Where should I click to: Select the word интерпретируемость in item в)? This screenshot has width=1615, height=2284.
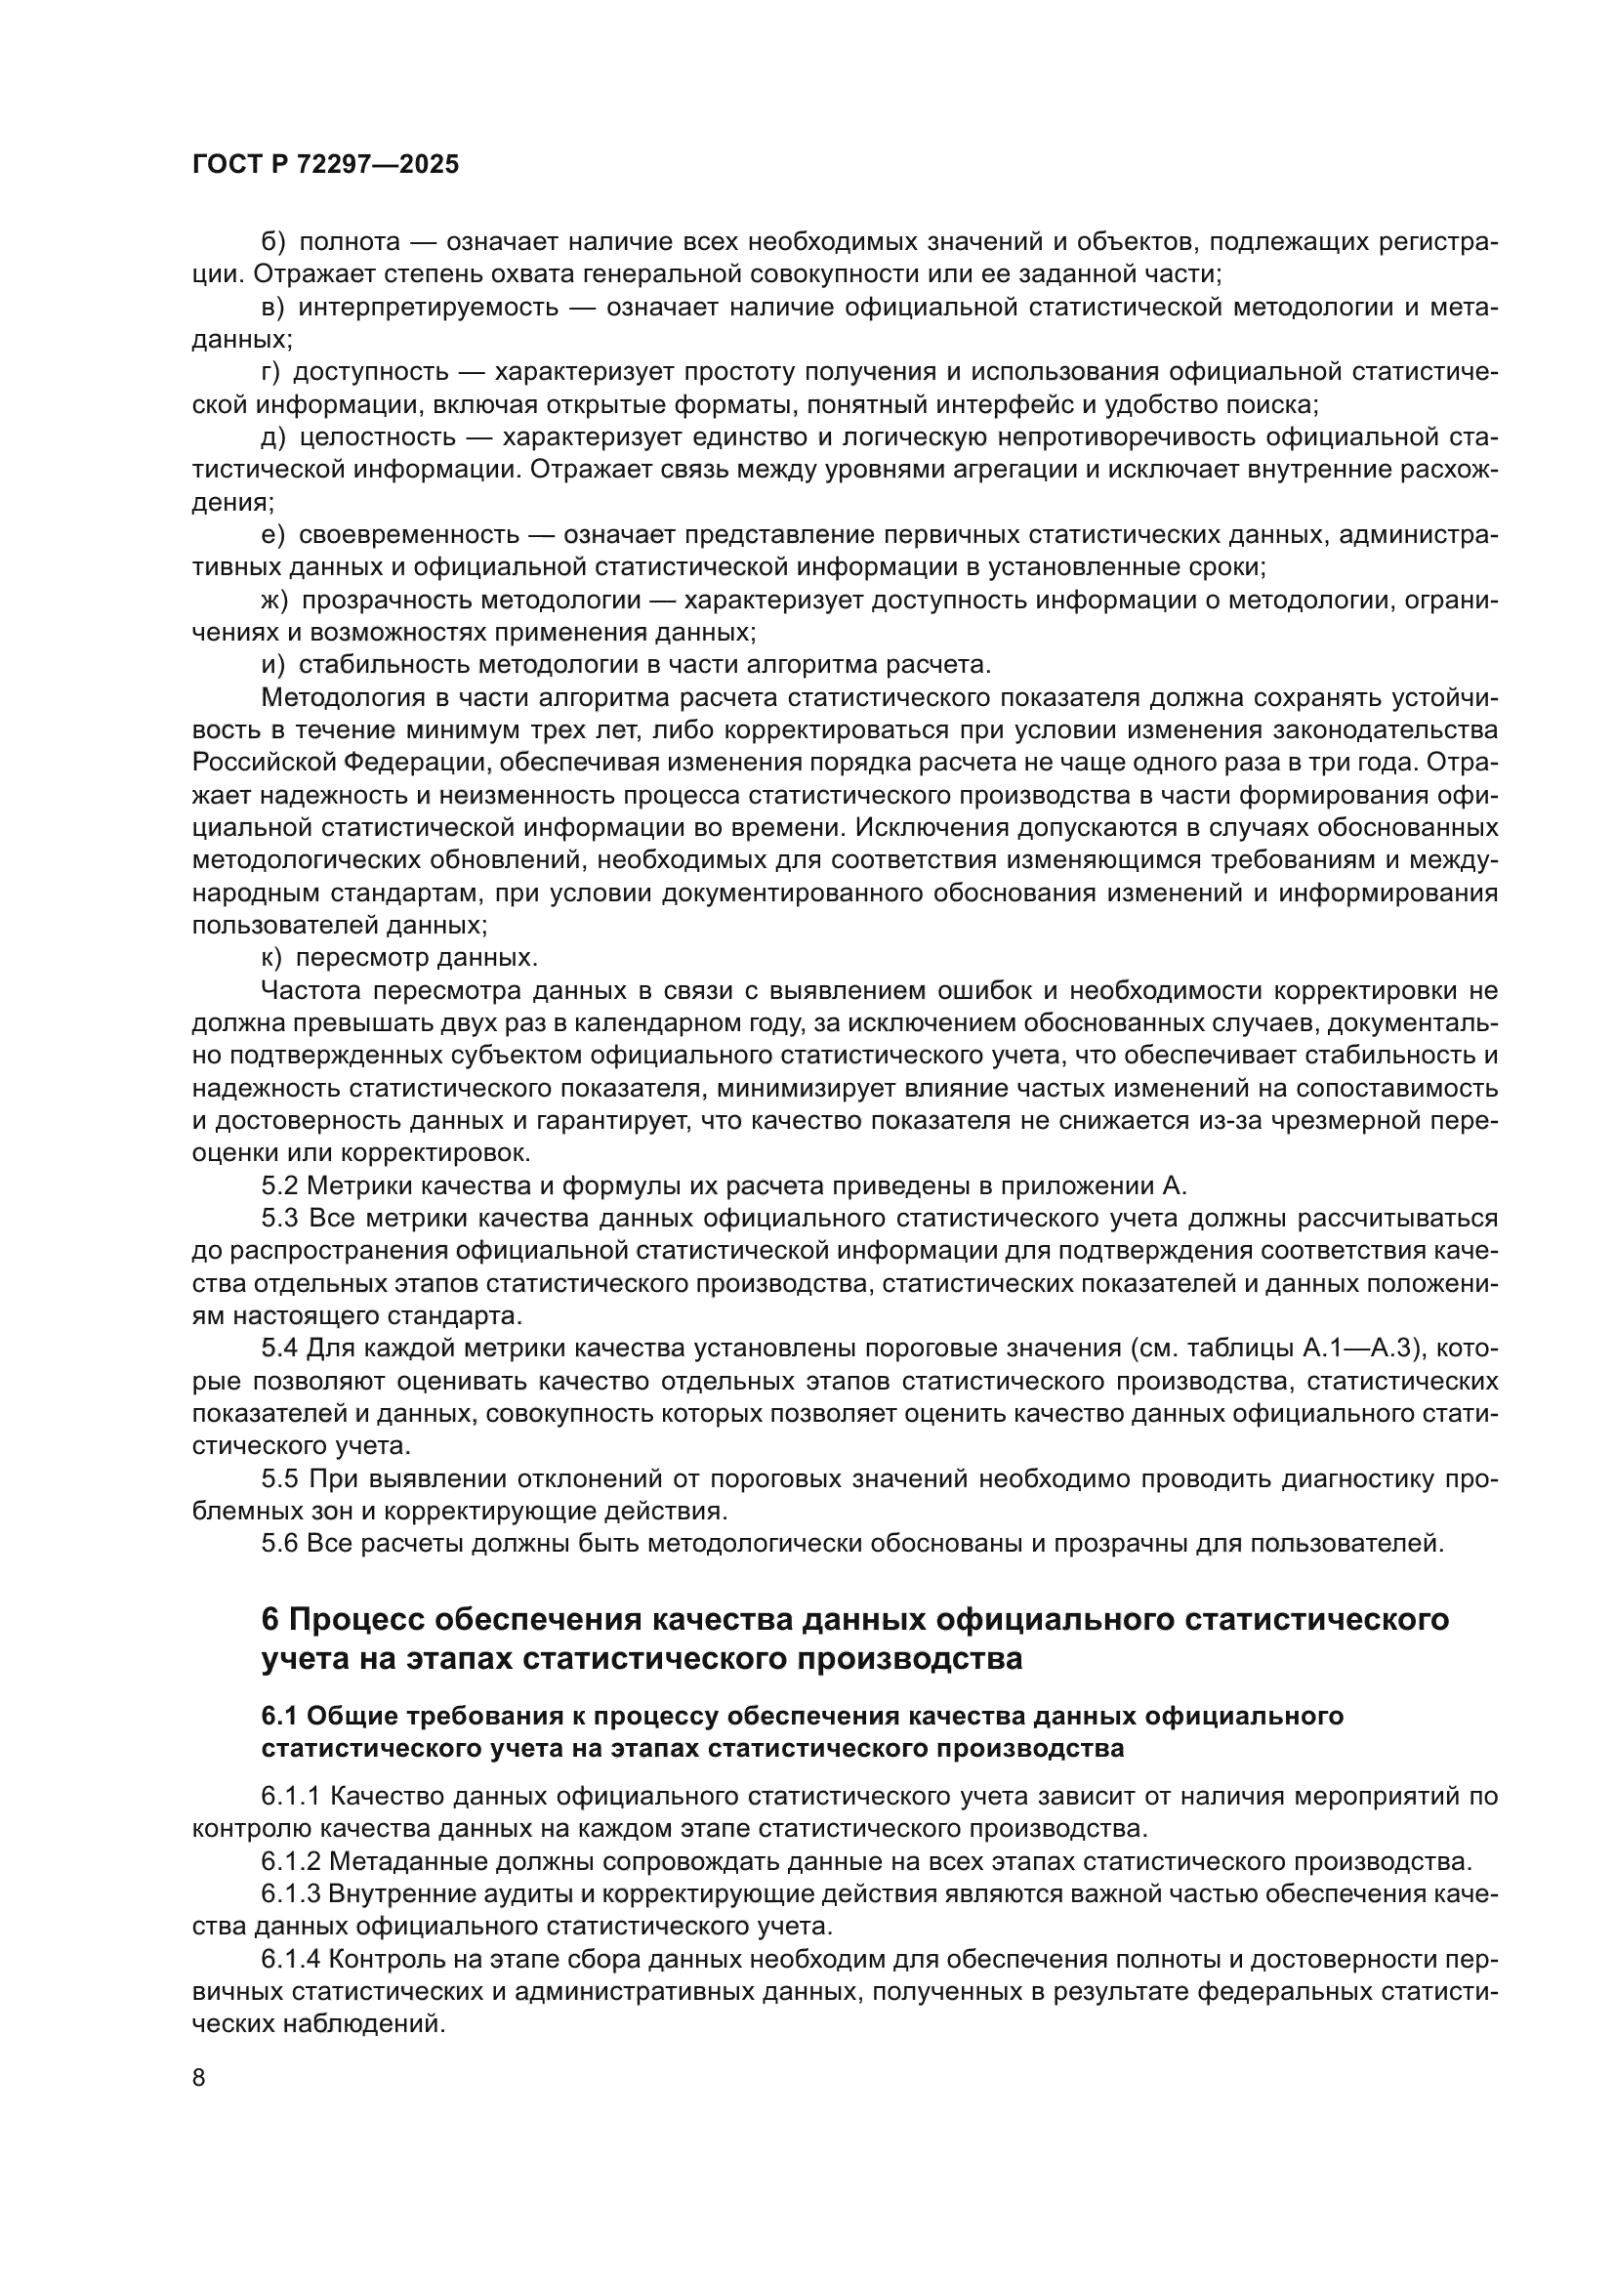(x=428, y=308)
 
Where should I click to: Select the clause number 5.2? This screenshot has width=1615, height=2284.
(x=280, y=1185)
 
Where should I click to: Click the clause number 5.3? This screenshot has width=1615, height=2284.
(x=280, y=1219)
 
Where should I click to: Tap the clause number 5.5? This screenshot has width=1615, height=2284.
(x=280, y=1479)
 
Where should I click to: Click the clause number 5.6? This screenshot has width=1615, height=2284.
(x=280, y=1544)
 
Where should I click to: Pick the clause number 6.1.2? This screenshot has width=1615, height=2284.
(x=290, y=1861)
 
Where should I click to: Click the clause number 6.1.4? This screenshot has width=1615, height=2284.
(x=290, y=1959)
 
